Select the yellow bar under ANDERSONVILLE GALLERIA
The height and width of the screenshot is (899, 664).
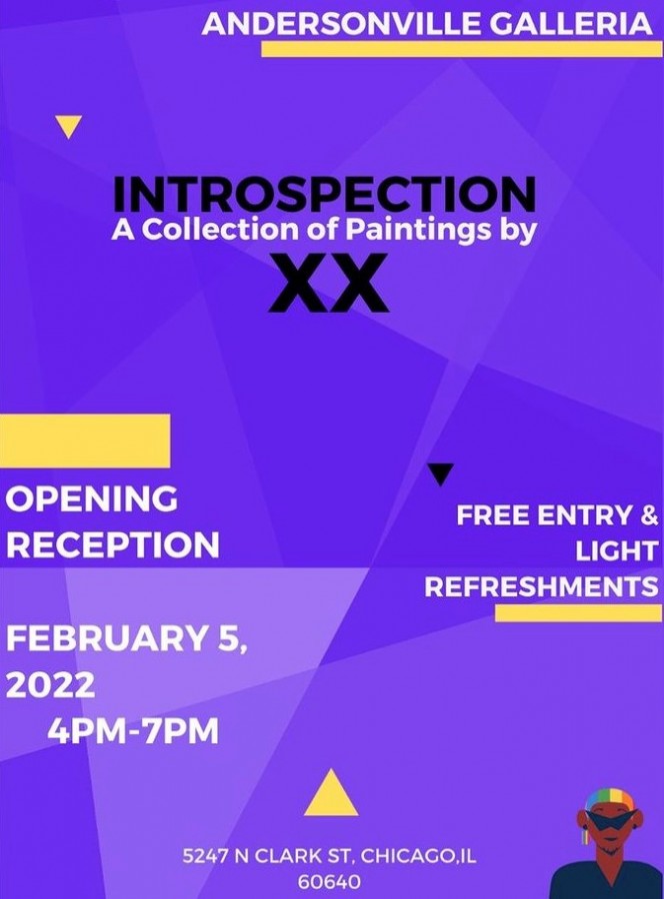[x=461, y=49]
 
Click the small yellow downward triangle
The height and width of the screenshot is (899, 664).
[x=69, y=127]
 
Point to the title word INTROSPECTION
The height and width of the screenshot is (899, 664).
[x=324, y=195]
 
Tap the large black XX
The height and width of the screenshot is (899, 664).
[x=328, y=284]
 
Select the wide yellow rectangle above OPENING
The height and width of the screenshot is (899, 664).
[x=85, y=441]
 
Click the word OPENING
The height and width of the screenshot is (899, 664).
[x=92, y=498]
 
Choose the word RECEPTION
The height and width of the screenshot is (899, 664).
[x=112, y=544]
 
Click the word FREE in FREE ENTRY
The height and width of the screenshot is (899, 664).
[x=493, y=515]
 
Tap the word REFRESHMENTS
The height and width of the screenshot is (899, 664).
[x=541, y=586]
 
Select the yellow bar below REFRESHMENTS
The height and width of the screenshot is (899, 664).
[x=578, y=612]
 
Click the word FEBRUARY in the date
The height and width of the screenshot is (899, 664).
[x=105, y=638]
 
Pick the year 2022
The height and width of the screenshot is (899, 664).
[x=51, y=685]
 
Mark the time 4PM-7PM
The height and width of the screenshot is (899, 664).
[x=133, y=731]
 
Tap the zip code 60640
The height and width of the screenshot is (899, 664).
[x=329, y=882]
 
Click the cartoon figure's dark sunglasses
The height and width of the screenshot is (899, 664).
[x=608, y=820]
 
